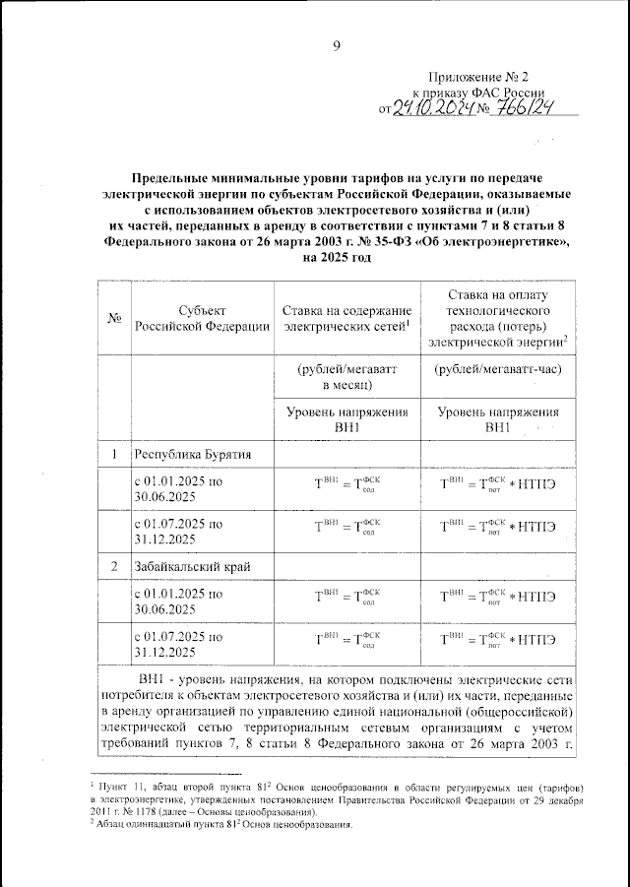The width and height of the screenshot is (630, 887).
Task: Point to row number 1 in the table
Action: point(114,454)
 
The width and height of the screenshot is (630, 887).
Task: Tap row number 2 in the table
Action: point(114,566)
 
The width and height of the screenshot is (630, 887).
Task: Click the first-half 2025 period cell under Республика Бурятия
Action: point(178,490)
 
